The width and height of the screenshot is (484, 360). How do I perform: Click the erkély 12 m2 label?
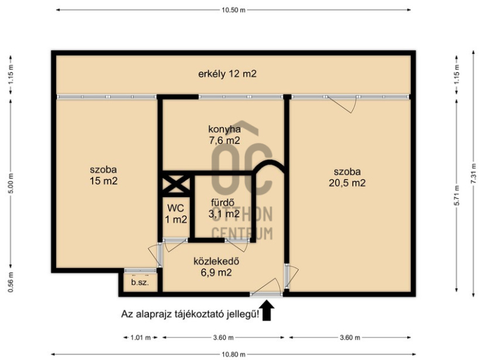click(227, 74)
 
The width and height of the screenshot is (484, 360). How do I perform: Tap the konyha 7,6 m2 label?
click(224, 134)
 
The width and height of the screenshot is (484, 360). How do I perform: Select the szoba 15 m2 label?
click(103, 175)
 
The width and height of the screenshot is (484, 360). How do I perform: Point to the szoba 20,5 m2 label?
click(347, 177)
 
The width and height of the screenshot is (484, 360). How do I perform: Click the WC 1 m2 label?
click(175, 214)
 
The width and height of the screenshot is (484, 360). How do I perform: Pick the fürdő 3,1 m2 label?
click(224, 208)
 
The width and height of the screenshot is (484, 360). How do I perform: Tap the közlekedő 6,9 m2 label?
click(216, 267)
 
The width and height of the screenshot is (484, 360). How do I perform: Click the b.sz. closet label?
click(140, 282)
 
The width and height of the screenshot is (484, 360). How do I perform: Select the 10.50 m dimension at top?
click(234, 10)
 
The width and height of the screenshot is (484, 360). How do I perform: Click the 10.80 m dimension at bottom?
click(234, 354)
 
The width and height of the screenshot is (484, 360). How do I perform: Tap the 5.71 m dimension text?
click(457, 195)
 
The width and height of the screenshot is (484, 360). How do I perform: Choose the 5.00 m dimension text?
click(11, 183)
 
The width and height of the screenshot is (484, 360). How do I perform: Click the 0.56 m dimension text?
click(11, 282)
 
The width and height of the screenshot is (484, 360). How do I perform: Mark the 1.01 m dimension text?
click(140, 338)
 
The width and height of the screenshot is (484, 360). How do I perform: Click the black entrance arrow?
click(266, 310)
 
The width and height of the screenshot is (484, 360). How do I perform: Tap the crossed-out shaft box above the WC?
click(176, 184)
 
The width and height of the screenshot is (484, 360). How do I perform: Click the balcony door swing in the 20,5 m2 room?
click(342, 104)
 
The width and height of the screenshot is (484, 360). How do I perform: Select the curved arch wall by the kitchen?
click(269, 165)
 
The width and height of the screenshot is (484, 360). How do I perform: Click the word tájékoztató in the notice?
click(200, 314)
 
